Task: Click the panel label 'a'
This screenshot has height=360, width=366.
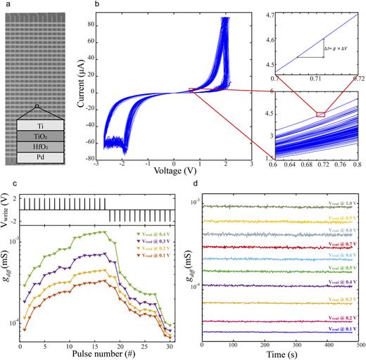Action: [6, 5]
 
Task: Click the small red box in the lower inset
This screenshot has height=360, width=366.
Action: [321, 113]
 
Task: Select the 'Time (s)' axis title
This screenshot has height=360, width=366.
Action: [280, 354]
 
